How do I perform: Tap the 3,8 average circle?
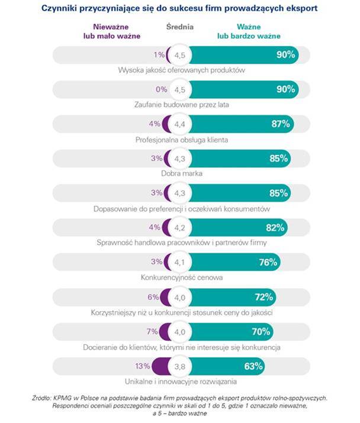(x=180, y=367)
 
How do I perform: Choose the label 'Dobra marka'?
(x=180, y=175)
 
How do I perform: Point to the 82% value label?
(x=276, y=227)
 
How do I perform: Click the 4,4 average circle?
(x=180, y=124)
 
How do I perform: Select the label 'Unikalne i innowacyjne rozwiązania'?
(x=180, y=382)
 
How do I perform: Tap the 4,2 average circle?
(x=180, y=228)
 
